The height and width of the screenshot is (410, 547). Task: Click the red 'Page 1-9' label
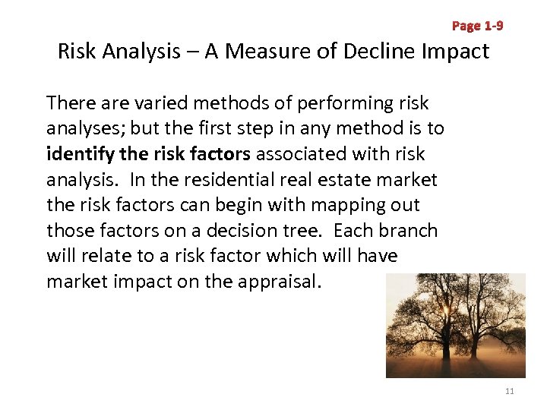(477, 26)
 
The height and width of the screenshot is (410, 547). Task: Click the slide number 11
(509, 391)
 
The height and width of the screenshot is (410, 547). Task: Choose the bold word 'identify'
(77, 154)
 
